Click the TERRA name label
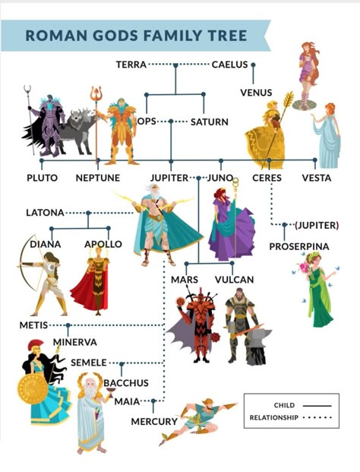(x=131, y=65)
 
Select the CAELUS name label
(x=230, y=65)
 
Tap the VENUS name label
(x=256, y=93)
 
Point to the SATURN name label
(x=210, y=122)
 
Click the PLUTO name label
(x=42, y=178)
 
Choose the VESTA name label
(x=317, y=178)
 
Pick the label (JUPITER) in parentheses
(x=317, y=225)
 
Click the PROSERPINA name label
(x=299, y=246)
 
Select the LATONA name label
(x=45, y=213)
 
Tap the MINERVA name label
(x=75, y=342)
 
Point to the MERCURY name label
(x=154, y=422)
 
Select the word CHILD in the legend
(x=284, y=405)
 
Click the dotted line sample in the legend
(x=317, y=417)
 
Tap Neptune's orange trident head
(x=96, y=93)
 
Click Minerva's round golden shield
(x=33, y=389)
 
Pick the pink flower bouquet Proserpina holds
(x=305, y=268)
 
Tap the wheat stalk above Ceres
(x=288, y=101)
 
